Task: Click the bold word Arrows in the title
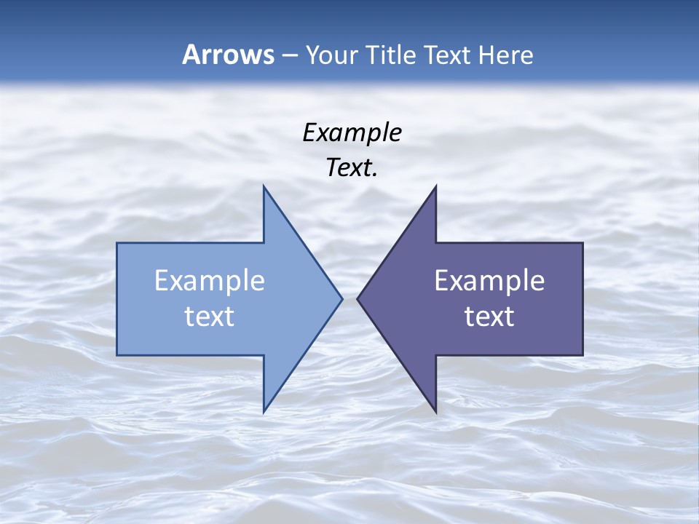pos(228,55)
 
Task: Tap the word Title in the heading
pos(390,55)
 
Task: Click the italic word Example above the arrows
pos(352,132)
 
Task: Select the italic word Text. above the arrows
pos(352,168)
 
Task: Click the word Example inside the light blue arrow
pos(210,281)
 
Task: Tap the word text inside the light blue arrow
pos(210,317)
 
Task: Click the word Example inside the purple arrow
pos(489,281)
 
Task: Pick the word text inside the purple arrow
pos(489,317)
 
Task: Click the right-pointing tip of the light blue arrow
pos(341,298)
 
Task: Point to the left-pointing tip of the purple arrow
pos(358,298)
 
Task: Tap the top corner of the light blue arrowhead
pos(264,187)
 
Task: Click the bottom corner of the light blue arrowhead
pos(264,410)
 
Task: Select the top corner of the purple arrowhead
pos(435,187)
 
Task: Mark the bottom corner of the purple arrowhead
pos(435,410)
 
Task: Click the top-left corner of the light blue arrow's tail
pos(117,243)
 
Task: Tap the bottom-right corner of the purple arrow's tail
pos(582,355)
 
